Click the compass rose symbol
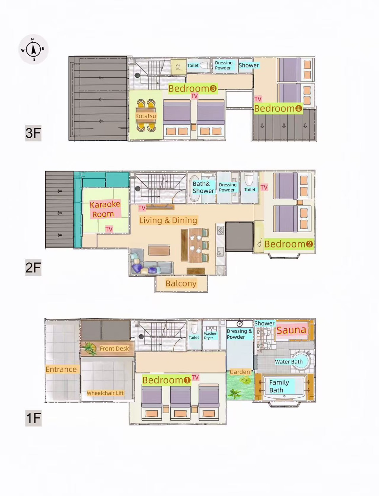pyautogui.click(x=34, y=49)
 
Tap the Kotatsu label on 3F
pyautogui.click(x=146, y=116)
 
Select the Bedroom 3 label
pyautogui.click(x=193, y=88)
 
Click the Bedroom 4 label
pyautogui.click(x=278, y=108)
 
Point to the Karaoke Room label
pyautogui.click(x=105, y=209)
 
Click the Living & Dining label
pyautogui.click(x=168, y=220)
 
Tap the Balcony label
pyautogui.click(x=181, y=283)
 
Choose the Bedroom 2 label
pyautogui.click(x=289, y=244)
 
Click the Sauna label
pyautogui.click(x=291, y=330)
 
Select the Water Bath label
pyautogui.click(x=289, y=362)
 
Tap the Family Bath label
pyautogui.click(x=279, y=386)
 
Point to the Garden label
pyautogui.click(x=240, y=372)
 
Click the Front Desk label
pyautogui.click(x=114, y=349)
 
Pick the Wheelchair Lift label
pyautogui.click(x=105, y=393)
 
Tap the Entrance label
pyautogui.click(x=61, y=370)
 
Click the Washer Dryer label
pyautogui.click(x=210, y=336)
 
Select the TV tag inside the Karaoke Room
pyautogui.click(x=109, y=229)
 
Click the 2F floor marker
pyautogui.click(x=33, y=267)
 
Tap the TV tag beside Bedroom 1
pyautogui.click(x=195, y=377)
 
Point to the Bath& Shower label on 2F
pyautogui.click(x=203, y=187)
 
